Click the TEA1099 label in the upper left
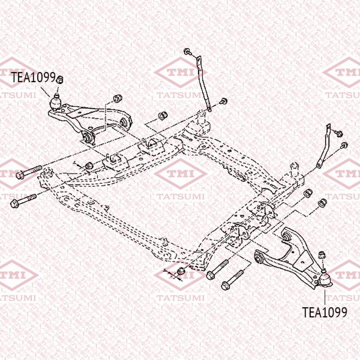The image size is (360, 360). pos(33,77)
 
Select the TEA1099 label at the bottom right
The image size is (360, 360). pos(324,312)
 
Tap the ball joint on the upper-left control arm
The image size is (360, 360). pos(55,102)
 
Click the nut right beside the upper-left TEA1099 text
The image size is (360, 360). pos(59,79)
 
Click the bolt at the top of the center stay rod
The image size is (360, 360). pos(188,51)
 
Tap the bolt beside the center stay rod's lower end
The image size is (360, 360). pos(224,101)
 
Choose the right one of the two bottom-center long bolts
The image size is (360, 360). pos(232,280)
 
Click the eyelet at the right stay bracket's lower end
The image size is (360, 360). pos(319,165)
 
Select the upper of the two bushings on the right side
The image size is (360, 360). pos(308,193)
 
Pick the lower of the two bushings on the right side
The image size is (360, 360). pos(323,202)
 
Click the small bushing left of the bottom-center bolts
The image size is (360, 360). pos(181,271)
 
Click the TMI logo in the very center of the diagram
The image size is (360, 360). pos(180,174)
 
